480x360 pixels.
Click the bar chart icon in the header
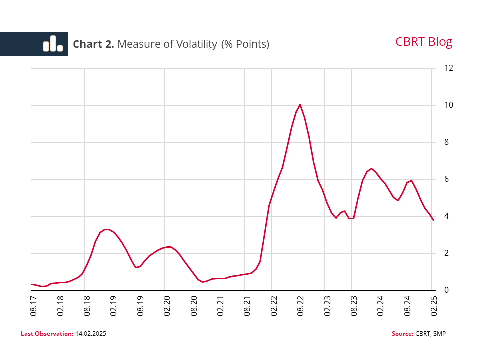tap(53, 44)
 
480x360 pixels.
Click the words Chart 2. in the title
tap(93, 44)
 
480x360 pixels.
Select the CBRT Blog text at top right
tap(423, 42)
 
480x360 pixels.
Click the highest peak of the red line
tap(300, 105)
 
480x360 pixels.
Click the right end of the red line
tap(433, 220)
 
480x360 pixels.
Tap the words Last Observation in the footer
tap(47, 333)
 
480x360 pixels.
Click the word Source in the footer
tap(402, 333)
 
